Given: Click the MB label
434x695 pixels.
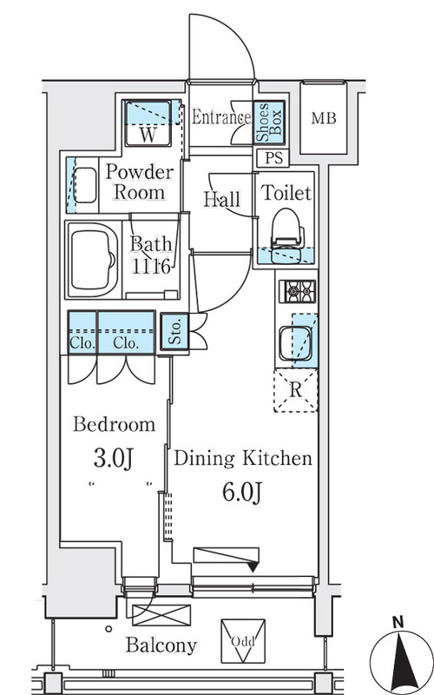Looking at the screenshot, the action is pyautogui.click(x=323, y=118).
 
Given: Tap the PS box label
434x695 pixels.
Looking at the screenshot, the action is pyautogui.click(x=273, y=158).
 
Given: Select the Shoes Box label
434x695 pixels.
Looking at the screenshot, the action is pyautogui.click(x=269, y=122).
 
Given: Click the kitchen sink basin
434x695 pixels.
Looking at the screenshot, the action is pyautogui.click(x=296, y=343).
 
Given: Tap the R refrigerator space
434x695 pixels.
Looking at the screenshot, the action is pyautogui.click(x=295, y=390).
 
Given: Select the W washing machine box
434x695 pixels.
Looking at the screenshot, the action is pyautogui.click(x=148, y=123).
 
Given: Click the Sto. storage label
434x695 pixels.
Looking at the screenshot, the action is pyautogui.click(x=175, y=332).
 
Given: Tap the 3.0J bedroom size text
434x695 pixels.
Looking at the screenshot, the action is pyautogui.click(x=114, y=459).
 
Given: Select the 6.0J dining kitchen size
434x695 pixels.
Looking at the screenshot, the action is pyautogui.click(x=242, y=492).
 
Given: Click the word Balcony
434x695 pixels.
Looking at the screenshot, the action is pyautogui.click(x=161, y=645).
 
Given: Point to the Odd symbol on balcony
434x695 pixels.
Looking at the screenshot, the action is pyautogui.click(x=243, y=641).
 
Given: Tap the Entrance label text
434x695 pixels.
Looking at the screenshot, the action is pyautogui.click(x=221, y=117).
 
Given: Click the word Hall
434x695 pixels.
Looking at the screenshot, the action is pyautogui.click(x=222, y=200).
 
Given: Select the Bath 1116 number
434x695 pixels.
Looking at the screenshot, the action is pyautogui.click(x=150, y=267).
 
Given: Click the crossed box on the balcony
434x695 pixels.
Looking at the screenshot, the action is pyautogui.click(x=161, y=615).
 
